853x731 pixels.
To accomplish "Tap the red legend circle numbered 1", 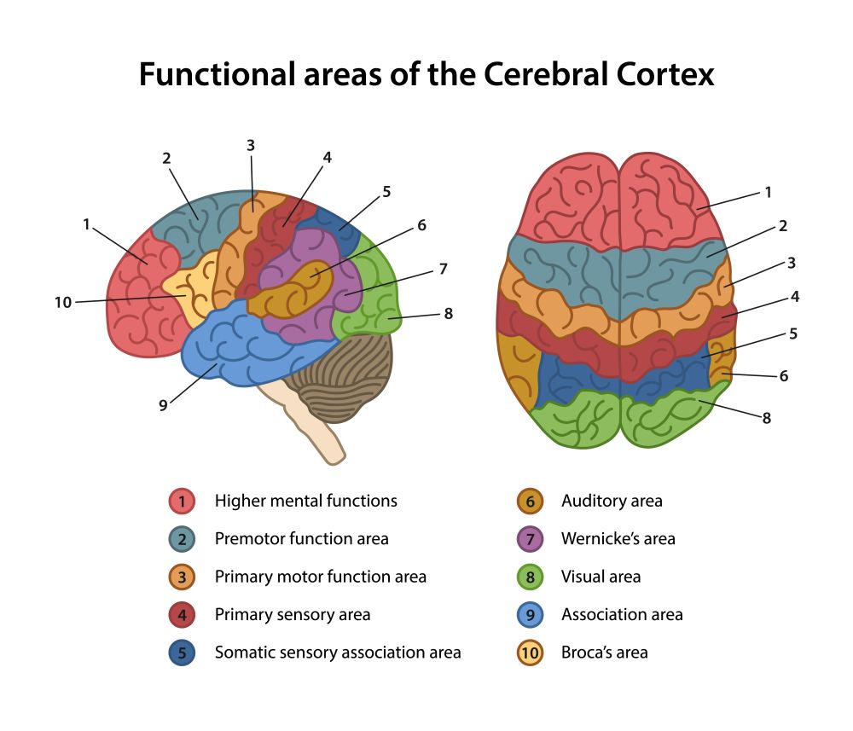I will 182,501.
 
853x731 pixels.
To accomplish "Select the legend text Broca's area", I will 604,653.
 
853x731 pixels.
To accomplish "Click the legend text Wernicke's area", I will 618,539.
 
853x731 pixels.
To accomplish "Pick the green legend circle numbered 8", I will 530,577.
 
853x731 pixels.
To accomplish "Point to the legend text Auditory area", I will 611,501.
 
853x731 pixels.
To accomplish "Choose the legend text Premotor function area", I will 301,539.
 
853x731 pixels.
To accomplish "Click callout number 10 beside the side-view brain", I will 63,302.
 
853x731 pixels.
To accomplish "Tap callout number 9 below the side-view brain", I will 163,405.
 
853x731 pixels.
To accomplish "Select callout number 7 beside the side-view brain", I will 443,269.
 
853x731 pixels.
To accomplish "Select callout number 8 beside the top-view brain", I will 766,418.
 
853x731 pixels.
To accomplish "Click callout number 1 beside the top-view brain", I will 768,193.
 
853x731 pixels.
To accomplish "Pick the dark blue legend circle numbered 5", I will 182,653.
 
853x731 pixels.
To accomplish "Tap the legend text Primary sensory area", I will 293,614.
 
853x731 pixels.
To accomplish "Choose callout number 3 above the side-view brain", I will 251,146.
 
